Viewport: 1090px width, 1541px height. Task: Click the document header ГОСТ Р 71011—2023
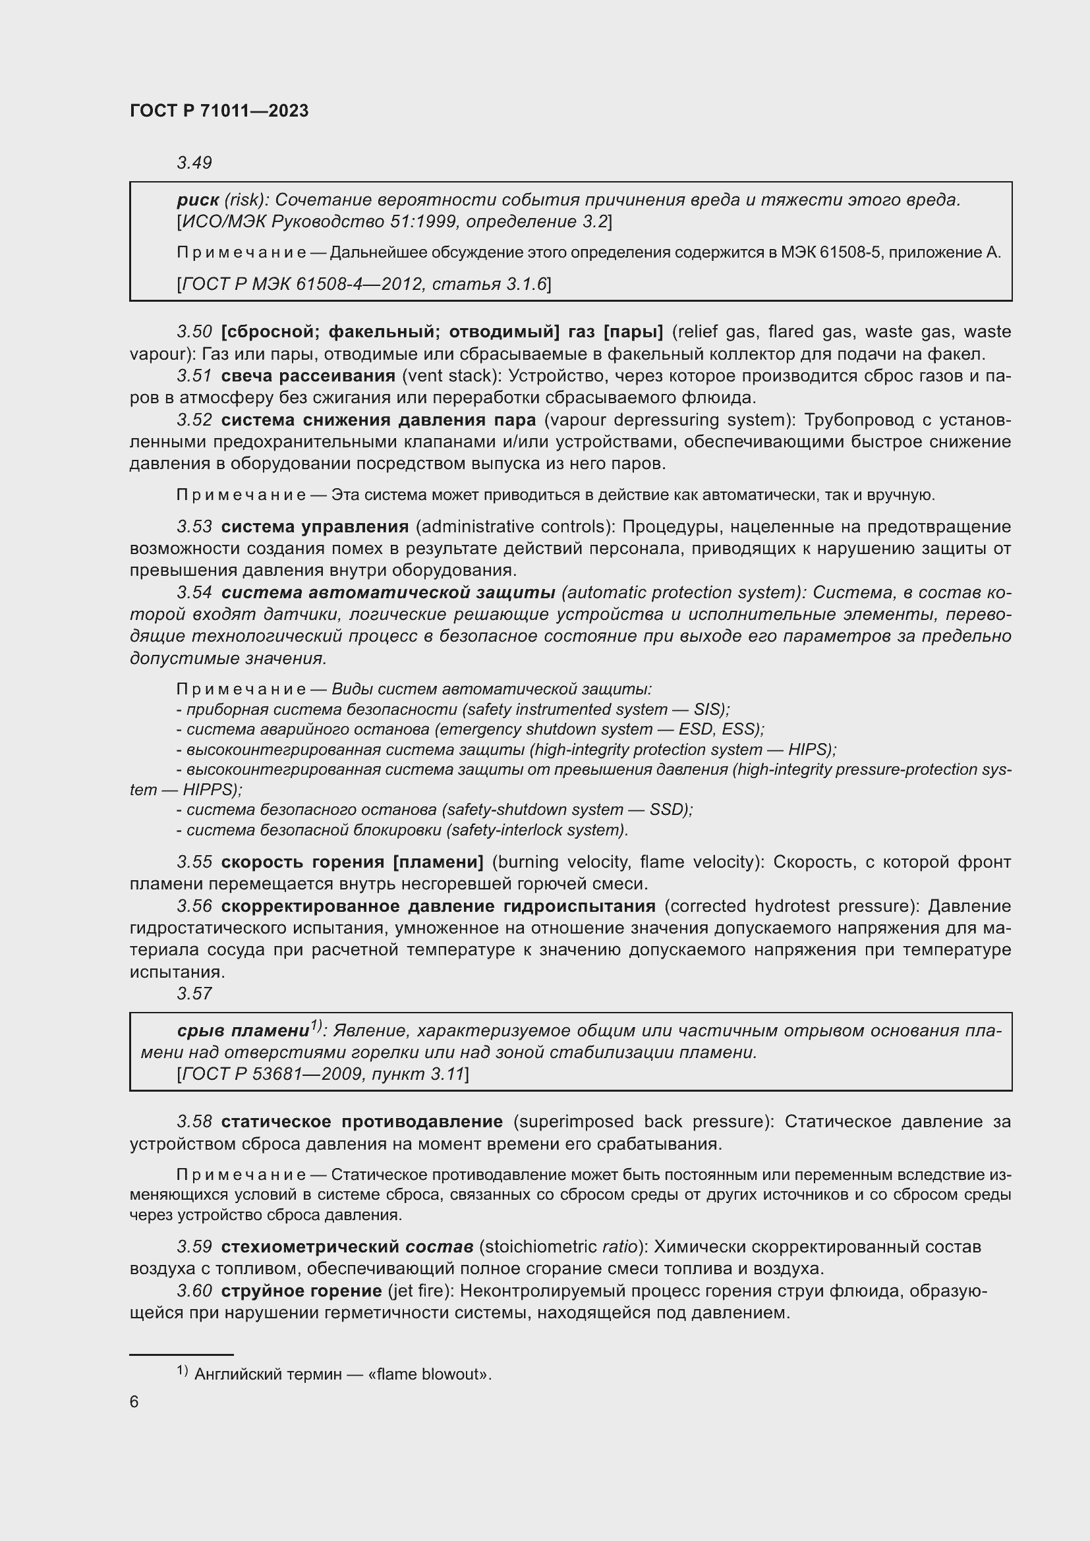(x=219, y=111)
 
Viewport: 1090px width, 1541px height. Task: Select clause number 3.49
(x=194, y=163)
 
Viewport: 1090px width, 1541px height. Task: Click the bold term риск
(x=197, y=200)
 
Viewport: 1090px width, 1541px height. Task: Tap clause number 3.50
(x=194, y=331)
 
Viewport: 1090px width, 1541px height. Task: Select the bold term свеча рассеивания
(x=308, y=376)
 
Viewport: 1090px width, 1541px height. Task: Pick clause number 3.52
(x=194, y=420)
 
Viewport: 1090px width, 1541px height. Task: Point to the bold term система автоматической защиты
(x=388, y=593)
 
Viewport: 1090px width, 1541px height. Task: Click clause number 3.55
(x=194, y=862)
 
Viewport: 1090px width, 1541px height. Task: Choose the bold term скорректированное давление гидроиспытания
(x=438, y=906)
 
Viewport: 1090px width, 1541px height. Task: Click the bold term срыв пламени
(x=243, y=1030)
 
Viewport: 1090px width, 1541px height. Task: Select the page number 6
(x=134, y=1401)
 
